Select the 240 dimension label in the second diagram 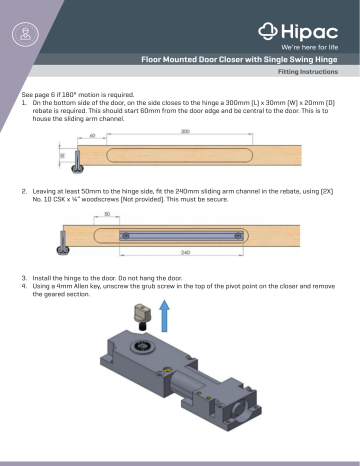(x=184, y=252)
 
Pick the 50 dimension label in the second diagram (x=105, y=214)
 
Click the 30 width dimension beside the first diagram (x=60, y=156)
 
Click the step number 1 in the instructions (x=24, y=103)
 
